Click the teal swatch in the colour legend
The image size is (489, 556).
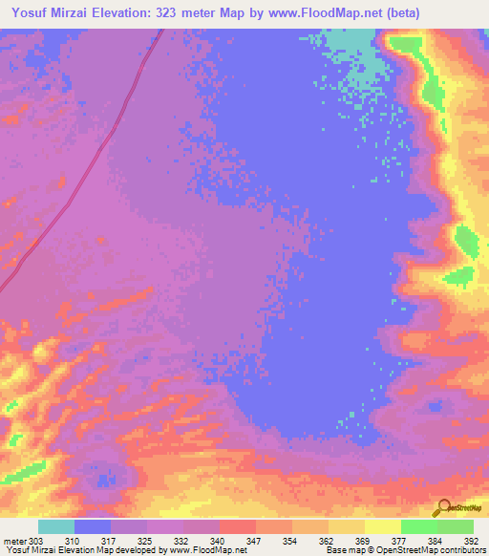(x=56, y=526)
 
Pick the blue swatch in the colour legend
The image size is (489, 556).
(x=93, y=526)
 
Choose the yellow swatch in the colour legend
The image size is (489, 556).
(x=382, y=526)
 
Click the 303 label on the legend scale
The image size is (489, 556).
(x=36, y=541)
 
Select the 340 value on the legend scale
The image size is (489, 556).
(x=219, y=541)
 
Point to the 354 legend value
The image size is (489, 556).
(x=290, y=541)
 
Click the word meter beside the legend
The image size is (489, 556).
(x=13, y=541)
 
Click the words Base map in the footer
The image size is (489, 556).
(x=343, y=550)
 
